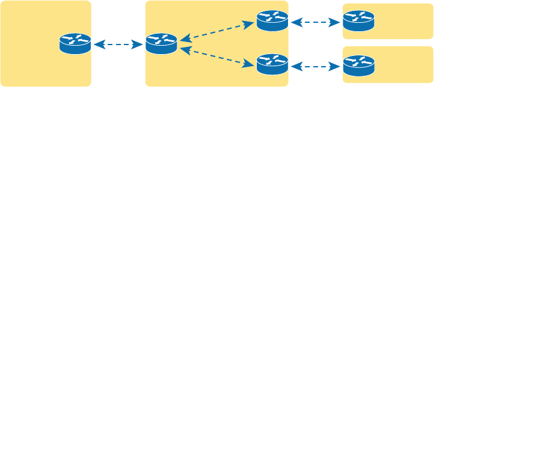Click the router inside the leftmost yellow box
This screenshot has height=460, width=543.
[x=75, y=44]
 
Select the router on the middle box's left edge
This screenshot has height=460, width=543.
[x=161, y=44]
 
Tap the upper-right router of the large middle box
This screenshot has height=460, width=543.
[x=272, y=21]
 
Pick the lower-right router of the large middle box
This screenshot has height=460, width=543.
[x=272, y=64]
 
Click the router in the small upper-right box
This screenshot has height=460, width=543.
[x=358, y=21]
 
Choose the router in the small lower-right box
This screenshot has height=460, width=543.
[x=358, y=66]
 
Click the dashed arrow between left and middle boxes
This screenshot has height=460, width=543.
[x=118, y=44]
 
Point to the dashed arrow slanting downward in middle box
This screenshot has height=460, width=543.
[x=216, y=57]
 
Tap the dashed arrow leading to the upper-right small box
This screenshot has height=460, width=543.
[x=315, y=23]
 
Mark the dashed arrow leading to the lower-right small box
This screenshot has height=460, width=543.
[x=315, y=67]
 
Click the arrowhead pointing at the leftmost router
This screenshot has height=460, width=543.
[x=98, y=44]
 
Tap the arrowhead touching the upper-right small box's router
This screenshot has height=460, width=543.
[x=336, y=23]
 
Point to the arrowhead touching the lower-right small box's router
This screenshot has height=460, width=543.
[x=336, y=67]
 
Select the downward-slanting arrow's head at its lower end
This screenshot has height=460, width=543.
[x=250, y=65]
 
